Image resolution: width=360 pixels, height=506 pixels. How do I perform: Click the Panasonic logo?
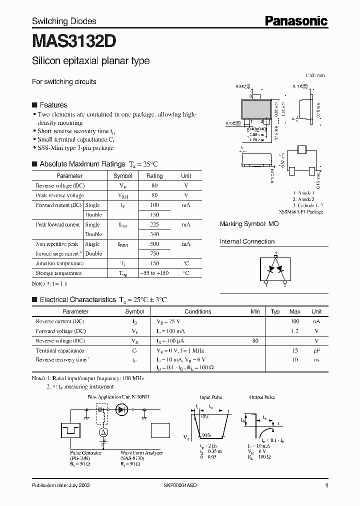point(296,20)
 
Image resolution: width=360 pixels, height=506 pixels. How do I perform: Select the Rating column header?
point(154,176)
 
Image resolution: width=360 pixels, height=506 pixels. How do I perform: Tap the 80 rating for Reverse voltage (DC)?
point(154,185)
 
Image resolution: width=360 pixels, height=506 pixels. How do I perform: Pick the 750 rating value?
point(154,253)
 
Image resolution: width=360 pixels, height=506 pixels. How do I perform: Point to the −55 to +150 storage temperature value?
point(154,273)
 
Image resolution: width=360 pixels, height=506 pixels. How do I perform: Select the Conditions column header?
point(198,311)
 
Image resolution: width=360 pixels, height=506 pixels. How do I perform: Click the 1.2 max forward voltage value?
point(295,331)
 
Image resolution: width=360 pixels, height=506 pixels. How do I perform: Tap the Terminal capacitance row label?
point(60,350)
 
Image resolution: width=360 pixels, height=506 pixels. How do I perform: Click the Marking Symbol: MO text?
point(249,224)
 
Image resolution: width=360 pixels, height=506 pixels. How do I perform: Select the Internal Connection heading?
point(247,241)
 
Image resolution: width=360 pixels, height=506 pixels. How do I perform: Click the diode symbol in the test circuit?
point(121,409)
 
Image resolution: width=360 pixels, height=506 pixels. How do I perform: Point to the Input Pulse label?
point(211,397)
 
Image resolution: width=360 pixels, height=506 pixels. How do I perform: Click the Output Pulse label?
point(262,397)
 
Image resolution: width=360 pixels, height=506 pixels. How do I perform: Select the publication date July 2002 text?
point(61,485)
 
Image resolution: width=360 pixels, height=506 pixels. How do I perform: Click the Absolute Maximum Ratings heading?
point(82,164)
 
